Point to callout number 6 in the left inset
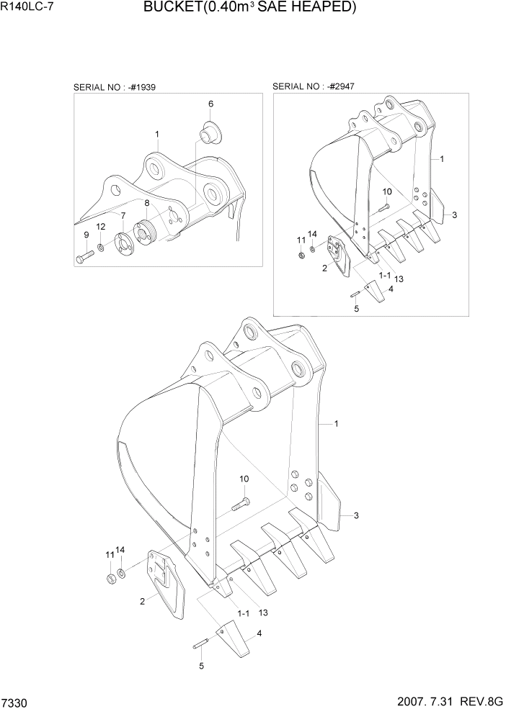point(211,104)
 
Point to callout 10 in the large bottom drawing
point(244,479)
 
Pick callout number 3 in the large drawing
point(356,515)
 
